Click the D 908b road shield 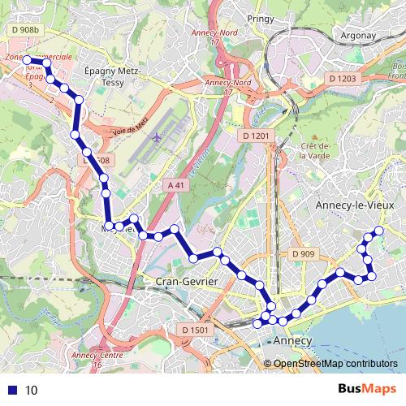click(x=25, y=30)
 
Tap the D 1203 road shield click(x=343, y=79)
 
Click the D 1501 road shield click(x=196, y=330)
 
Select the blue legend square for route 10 click(x=11, y=390)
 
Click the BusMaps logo click(x=366, y=390)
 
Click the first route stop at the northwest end click(x=26, y=59)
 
